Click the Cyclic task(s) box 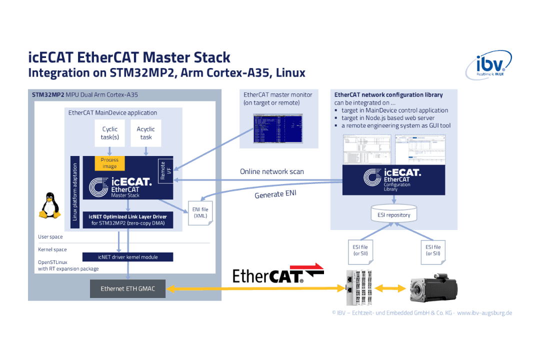(x=110, y=133)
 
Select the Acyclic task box (x=146, y=133)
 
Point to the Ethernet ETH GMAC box (x=127, y=288)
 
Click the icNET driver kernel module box (x=127, y=257)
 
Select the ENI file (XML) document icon (x=200, y=213)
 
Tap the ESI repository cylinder (x=393, y=214)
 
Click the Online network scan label (x=272, y=171)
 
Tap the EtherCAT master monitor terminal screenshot (x=278, y=128)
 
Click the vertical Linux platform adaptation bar (x=75, y=192)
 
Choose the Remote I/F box (x=165, y=170)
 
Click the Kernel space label (x=52, y=249)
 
